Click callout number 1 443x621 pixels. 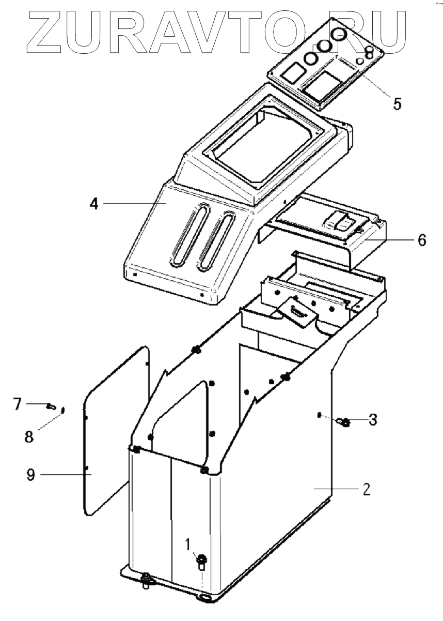click(x=188, y=543)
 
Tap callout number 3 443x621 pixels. click(x=372, y=420)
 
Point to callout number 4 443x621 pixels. click(x=93, y=203)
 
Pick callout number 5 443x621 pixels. click(x=397, y=103)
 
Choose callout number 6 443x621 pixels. click(x=421, y=240)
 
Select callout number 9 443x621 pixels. click(x=31, y=475)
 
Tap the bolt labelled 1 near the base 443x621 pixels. click(x=201, y=560)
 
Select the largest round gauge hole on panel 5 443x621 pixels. click(x=339, y=35)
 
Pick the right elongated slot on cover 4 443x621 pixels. click(x=216, y=241)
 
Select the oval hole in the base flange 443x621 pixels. click(x=204, y=598)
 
